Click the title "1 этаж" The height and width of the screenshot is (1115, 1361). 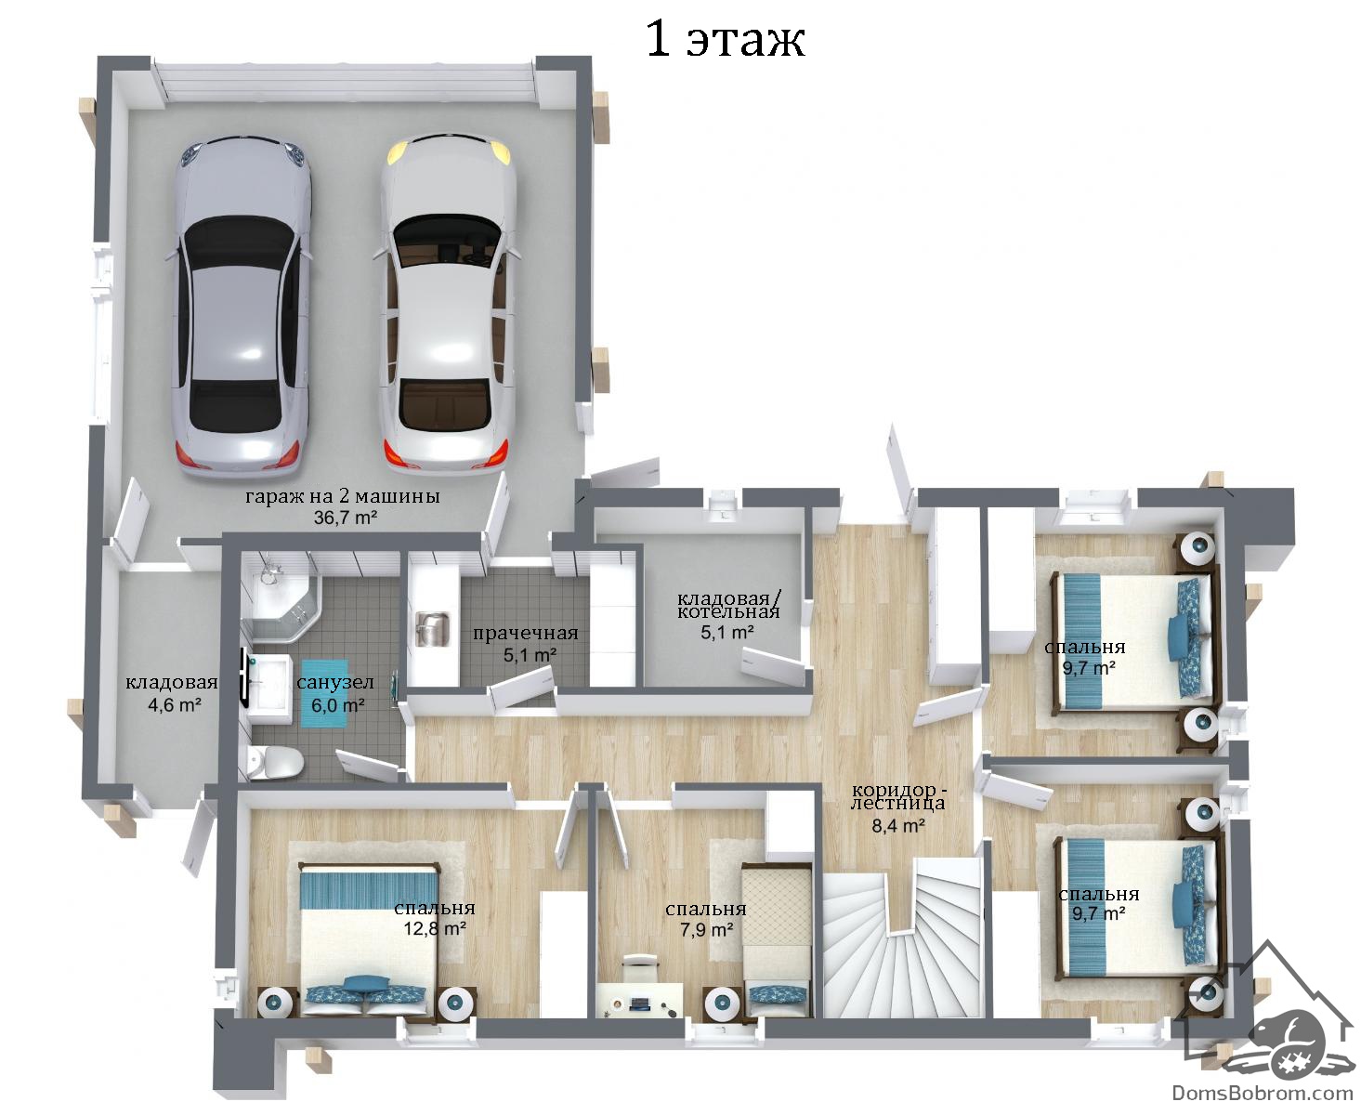point(726,40)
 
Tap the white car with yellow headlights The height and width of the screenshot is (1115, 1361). point(447,304)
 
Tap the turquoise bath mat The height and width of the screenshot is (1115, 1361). point(326,693)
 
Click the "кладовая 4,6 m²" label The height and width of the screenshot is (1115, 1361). point(172,693)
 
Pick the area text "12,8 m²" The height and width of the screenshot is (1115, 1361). point(435,929)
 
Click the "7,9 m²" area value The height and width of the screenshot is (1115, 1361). point(707,930)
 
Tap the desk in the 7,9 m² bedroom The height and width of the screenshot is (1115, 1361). point(640,1000)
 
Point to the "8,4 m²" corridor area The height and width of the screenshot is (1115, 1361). point(899,825)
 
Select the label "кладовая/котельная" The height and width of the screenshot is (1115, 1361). point(728,604)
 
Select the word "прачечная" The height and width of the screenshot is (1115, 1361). point(525,634)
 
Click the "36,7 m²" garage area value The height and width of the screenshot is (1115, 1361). point(346,518)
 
